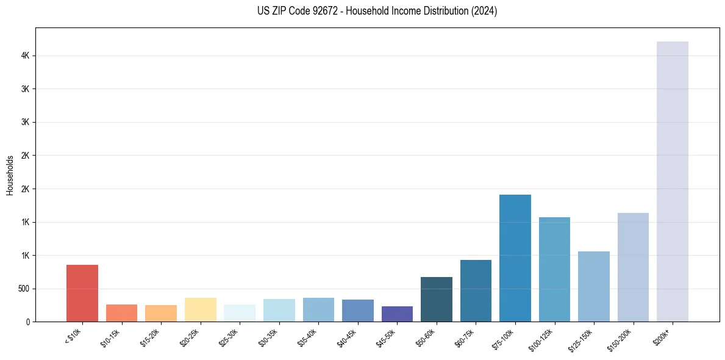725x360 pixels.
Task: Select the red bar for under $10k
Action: pos(82,293)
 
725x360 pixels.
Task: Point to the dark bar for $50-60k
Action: pos(436,299)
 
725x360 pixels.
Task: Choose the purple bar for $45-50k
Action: pos(397,314)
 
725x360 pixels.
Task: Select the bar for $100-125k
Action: pos(554,269)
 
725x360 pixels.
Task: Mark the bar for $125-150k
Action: pos(593,286)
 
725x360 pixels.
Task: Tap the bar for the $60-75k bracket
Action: pos(476,290)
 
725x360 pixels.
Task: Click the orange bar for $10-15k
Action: pos(121,312)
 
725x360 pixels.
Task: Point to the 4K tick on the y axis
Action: pos(26,56)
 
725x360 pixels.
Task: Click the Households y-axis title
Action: pos(10,175)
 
